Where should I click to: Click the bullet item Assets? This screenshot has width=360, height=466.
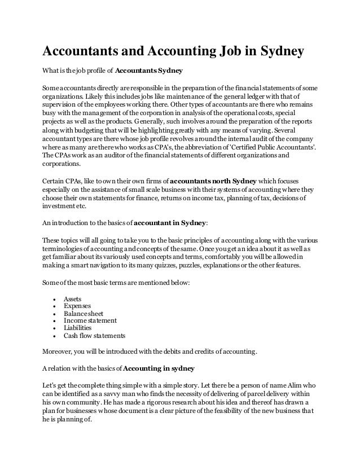pos(73,298)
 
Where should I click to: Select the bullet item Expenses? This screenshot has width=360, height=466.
pos(77,305)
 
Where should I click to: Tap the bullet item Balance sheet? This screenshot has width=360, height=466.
pos(84,313)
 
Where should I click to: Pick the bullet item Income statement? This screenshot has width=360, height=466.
pos(90,320)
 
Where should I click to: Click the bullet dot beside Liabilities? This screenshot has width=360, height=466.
pos(53,328)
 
